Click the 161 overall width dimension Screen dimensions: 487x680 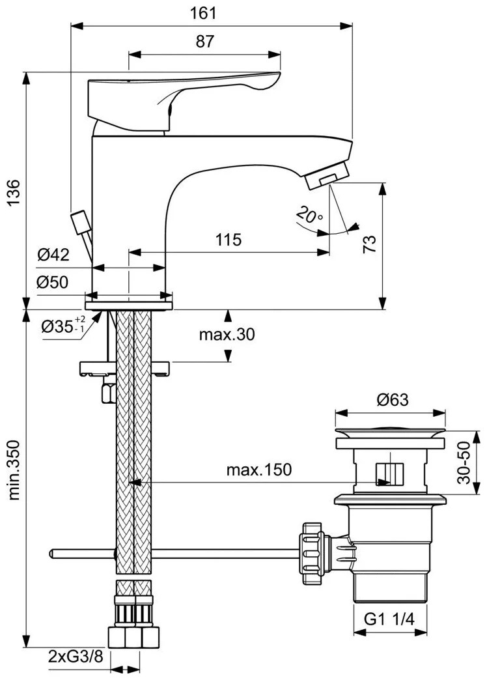203,13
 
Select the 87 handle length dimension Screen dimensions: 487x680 205,42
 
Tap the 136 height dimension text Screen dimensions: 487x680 14,192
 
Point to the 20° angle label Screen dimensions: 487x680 310,214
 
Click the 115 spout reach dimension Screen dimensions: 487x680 229,240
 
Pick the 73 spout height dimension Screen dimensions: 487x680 369,244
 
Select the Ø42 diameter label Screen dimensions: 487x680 53,255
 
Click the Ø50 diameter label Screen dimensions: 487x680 53,282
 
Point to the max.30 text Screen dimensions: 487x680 227,334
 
